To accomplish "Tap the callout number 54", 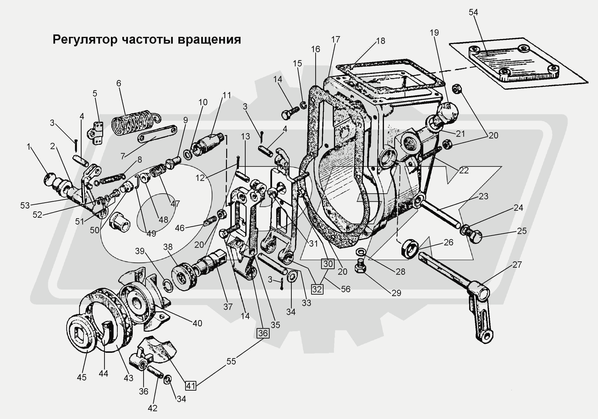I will [x=473, y=12].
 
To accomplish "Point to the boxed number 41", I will [x=191, y=386].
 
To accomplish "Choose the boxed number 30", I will [x=328, y=264].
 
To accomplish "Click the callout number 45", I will [x=82, y=377].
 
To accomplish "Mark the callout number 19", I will [x=434, y=32].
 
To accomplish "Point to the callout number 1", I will [x=28, y=147].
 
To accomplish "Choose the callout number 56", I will [x=345, y=289].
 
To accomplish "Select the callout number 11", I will [x=226, y=95].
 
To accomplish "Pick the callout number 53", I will [x=25, y=205].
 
